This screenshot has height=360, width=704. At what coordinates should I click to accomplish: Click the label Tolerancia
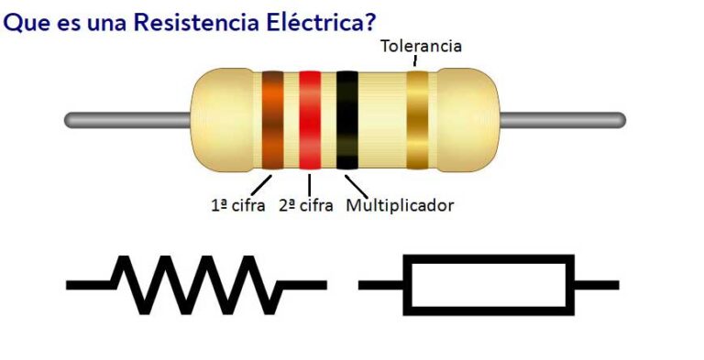(x=421, y=46)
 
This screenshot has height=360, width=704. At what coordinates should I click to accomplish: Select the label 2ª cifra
(x=305, y=205)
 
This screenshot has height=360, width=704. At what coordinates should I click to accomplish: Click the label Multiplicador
(x=400, y=205)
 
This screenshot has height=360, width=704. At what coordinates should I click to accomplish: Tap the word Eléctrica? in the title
(x=313, y=21)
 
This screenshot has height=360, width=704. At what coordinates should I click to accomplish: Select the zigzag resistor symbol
(x=197, y=284)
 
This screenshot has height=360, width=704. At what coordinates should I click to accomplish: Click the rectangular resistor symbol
(x=489, y=284)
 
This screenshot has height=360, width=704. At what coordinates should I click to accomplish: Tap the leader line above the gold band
(x=414, y=61)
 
